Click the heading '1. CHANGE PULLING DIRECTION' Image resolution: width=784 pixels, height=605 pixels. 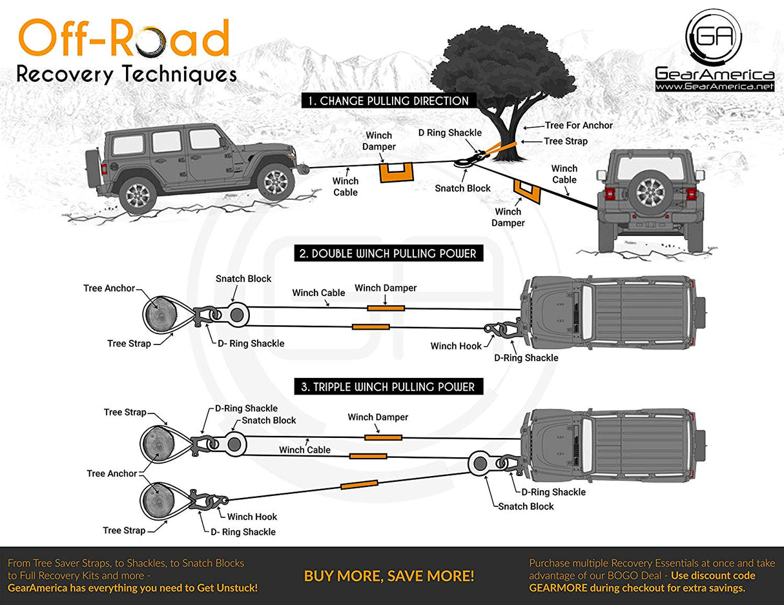(388, 101)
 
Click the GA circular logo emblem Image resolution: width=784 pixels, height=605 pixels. (714, 37)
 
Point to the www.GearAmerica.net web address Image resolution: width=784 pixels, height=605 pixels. (714, 86)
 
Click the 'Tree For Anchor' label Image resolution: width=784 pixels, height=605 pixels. (579, 125)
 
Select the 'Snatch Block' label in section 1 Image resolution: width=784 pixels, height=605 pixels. (462, 188)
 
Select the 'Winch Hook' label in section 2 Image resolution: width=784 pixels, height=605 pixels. (456, 346)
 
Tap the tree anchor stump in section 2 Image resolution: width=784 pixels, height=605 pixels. (159, 315)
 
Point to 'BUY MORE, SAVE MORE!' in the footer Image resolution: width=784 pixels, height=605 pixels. (389, 575)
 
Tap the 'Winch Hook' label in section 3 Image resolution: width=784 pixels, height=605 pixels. (252, 517)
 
